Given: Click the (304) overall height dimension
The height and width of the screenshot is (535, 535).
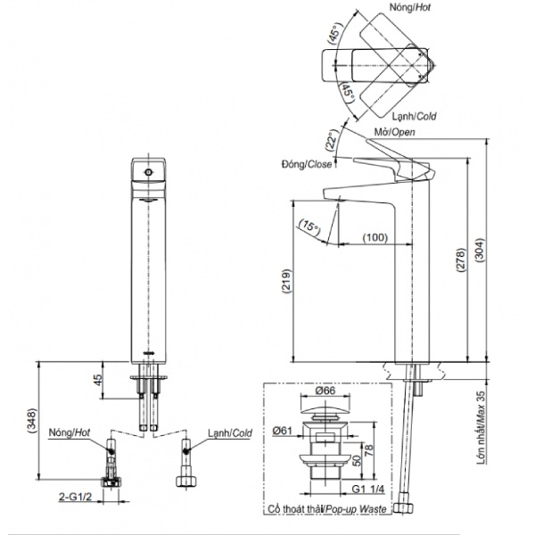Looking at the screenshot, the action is pos(480,250).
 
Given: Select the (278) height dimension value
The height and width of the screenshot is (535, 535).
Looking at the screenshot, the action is pos(461,260).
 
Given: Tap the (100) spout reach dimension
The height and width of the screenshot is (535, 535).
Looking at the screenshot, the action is pos(375,237).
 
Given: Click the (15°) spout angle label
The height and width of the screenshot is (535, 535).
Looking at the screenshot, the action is pos(309,226).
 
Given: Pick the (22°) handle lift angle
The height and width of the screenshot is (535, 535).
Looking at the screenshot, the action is pos(332,140).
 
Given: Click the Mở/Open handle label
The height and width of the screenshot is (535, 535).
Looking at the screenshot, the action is pos(394,132).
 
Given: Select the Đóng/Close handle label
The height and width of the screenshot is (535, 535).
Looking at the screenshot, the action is pos(307,164).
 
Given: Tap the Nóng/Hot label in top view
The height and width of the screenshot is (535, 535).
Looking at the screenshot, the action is pos(410,7).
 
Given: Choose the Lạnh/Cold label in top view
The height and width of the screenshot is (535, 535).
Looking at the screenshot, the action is pos(414,116).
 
